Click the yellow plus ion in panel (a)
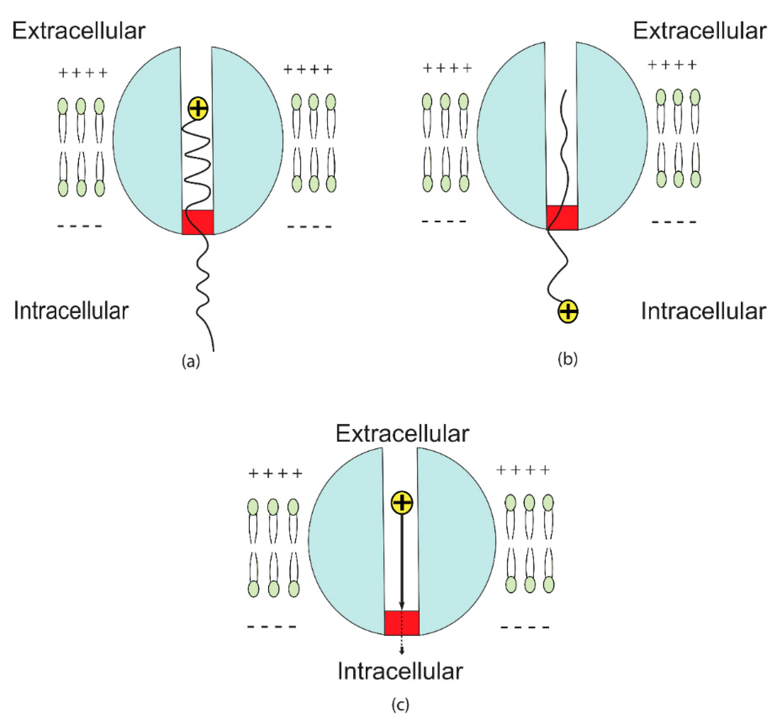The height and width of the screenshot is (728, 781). [198, 108]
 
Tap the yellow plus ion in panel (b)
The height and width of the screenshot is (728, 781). [568, 311]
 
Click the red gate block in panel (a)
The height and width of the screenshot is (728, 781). [198, 222]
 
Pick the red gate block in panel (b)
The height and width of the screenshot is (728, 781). [562, 217]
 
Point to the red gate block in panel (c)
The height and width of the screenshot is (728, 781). [402, 623]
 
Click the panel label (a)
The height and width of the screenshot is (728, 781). [191, 361]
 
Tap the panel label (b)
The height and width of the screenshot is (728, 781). [568, 359]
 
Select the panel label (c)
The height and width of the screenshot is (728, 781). [400, 705]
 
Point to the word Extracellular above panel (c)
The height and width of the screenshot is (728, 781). [402, 434]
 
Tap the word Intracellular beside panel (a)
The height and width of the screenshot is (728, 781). [71, 311]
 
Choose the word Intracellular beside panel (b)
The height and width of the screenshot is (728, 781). [703, 311]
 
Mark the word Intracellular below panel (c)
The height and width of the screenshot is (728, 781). [400, 671]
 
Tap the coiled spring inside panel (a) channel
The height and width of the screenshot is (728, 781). [198, 165]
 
